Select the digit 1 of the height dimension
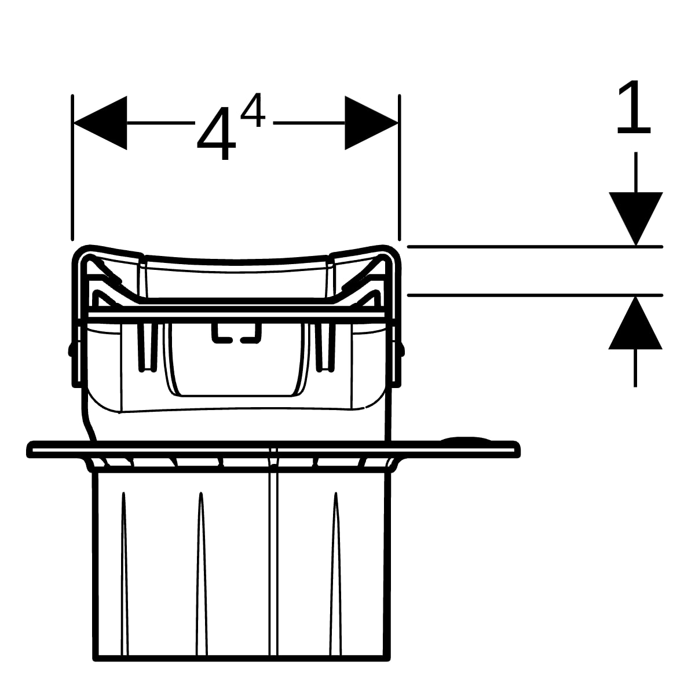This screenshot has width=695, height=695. click(x=634, y=108)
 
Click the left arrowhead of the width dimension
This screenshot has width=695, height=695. click(x=100, y=123)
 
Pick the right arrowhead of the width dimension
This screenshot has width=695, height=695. click(x=371, y=123)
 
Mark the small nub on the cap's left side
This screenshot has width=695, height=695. click(x=70, y=349)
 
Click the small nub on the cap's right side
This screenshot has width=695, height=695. click(x=401, y=349)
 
